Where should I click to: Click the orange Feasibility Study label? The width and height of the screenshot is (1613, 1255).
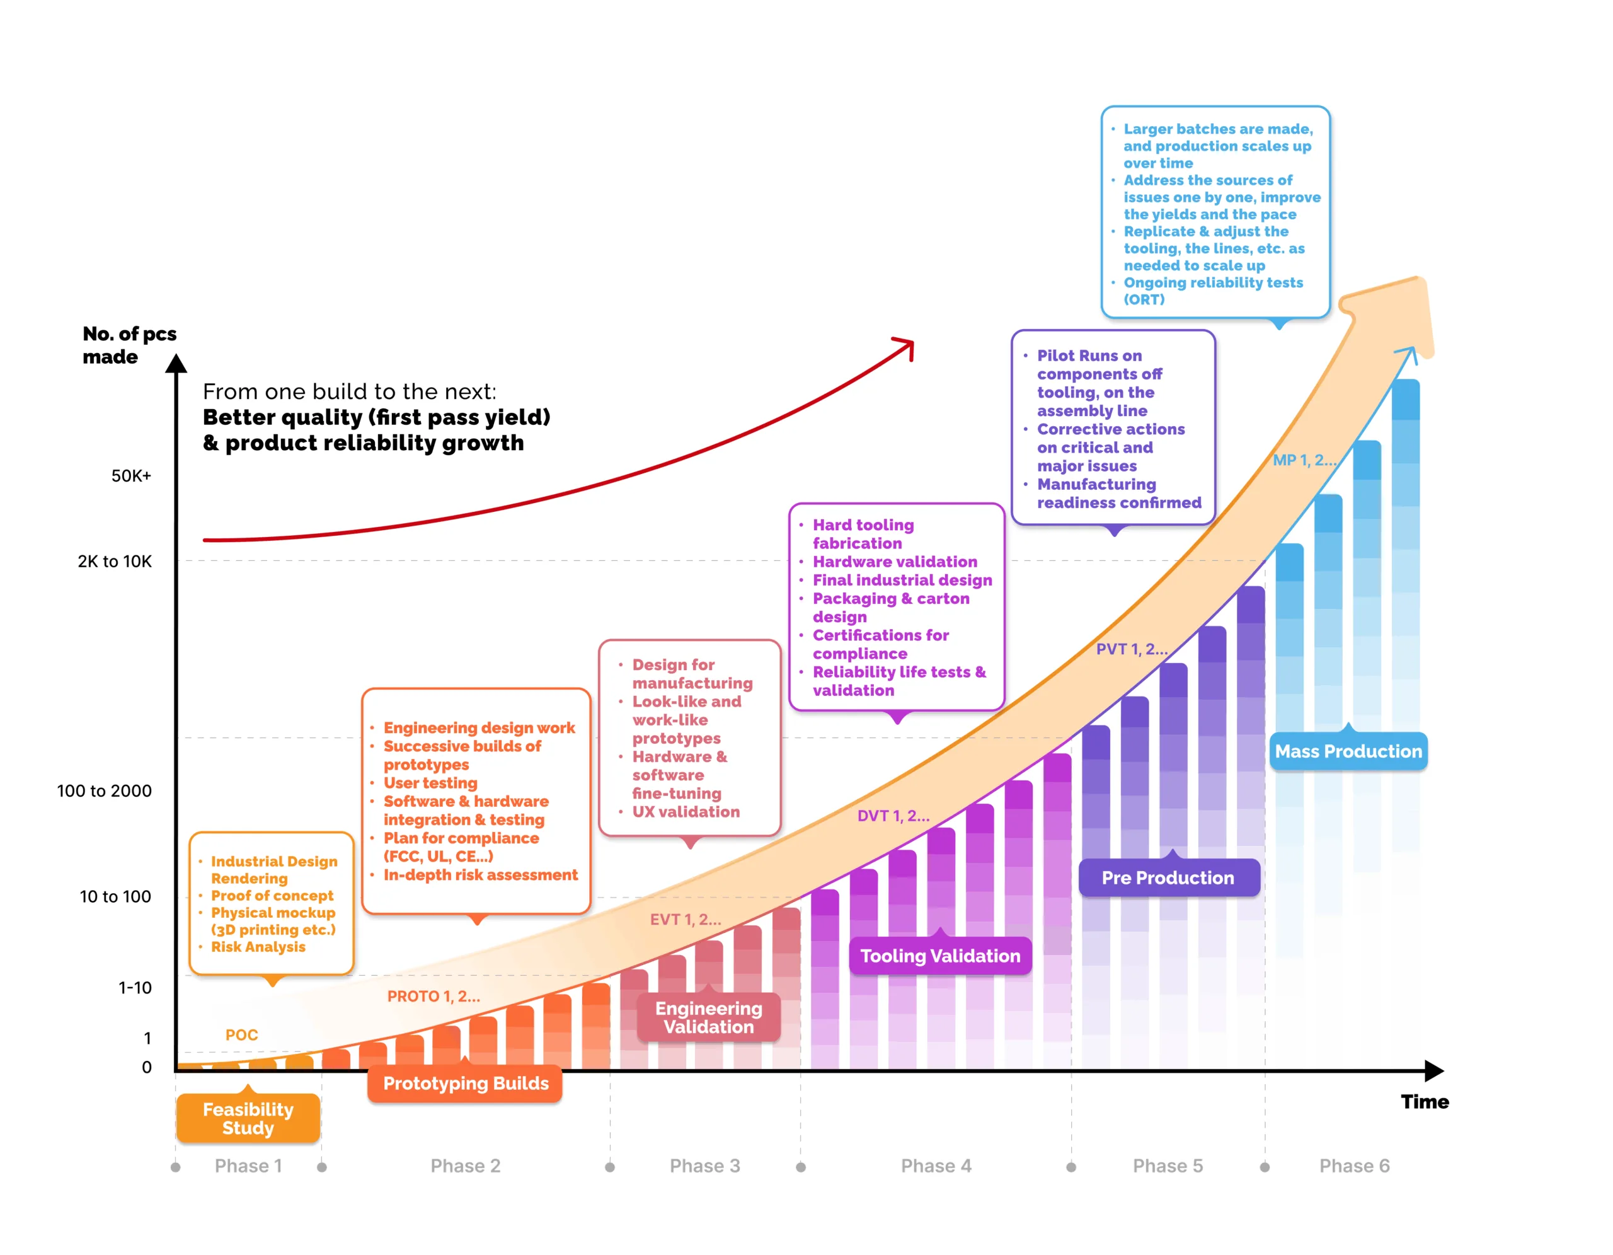[248, 1118]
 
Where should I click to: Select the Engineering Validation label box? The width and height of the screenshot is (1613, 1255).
[708, 1017]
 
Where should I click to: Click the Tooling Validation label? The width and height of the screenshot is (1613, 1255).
[939, 955]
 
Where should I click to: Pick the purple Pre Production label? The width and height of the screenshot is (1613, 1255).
[1168, 877]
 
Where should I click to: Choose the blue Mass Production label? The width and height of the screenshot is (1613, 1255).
[1348, 751]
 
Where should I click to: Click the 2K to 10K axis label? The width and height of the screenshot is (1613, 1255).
[115, 562]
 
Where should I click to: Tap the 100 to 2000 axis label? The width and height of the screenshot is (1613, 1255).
[104, 791]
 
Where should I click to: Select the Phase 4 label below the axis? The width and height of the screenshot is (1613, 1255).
[936, 1165]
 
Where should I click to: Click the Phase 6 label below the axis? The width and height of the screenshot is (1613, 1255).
[1354, 1165]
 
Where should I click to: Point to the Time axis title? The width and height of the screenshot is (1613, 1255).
[1424, 1101]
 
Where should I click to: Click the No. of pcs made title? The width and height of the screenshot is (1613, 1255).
[129, 345]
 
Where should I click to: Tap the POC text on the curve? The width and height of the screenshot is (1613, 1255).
[241, 1035]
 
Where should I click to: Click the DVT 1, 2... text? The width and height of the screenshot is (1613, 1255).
[893, 816]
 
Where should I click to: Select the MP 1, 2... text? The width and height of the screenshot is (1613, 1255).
[1304, 460]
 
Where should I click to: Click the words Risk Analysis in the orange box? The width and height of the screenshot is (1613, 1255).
[258, 946]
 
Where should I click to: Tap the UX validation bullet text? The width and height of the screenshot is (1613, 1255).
[686, 812]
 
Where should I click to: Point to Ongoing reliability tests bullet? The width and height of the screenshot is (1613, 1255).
[1213, 283]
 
